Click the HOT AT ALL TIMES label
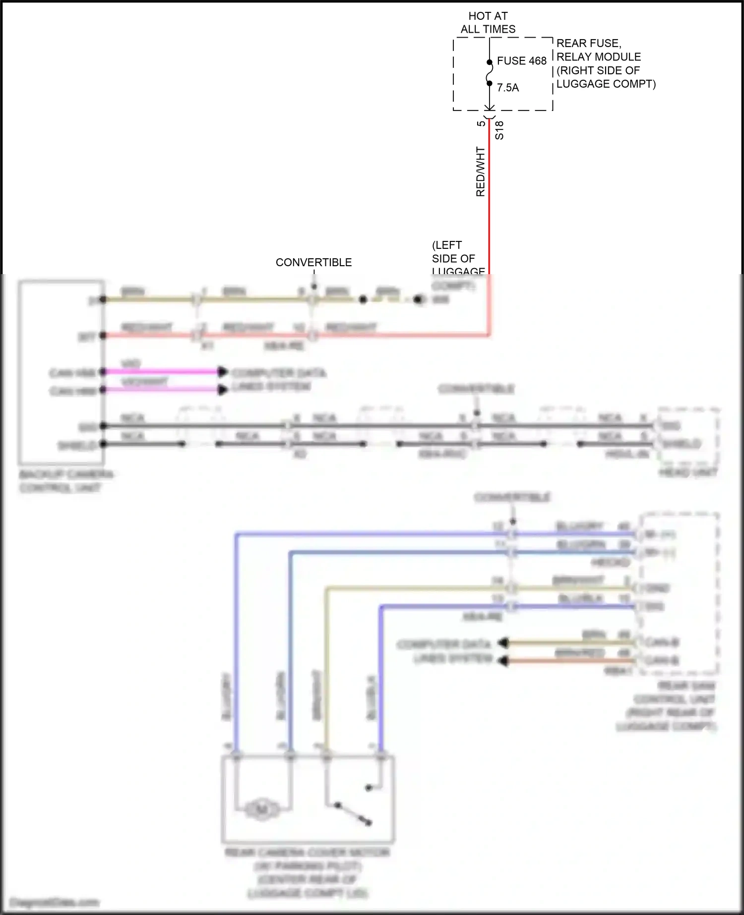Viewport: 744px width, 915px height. click(488, 23)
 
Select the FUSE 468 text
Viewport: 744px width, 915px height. click(521, 61)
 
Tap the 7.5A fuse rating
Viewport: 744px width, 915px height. click(508, 88)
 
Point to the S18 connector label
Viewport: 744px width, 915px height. click(499, 130)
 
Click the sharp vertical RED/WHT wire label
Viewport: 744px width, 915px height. click(480, 172)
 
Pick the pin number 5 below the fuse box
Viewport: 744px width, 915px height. click(481, 123)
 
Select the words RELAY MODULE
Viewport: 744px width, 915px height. click(599, 57)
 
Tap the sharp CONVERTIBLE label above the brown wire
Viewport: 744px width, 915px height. click(313, 262)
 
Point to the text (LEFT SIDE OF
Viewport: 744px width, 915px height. click(453, 252)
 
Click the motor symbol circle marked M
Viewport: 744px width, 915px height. click(262, 809)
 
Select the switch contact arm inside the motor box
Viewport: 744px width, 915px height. click(353, 813)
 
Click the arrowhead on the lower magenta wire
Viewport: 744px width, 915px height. click(223, 390)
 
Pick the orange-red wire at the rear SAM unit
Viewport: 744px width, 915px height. click(570, 661)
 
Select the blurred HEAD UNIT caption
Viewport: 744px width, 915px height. click(688, 472)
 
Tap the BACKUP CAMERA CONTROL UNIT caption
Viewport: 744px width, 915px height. click(66, 481)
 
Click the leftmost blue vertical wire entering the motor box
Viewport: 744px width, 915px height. click(237, 644)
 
